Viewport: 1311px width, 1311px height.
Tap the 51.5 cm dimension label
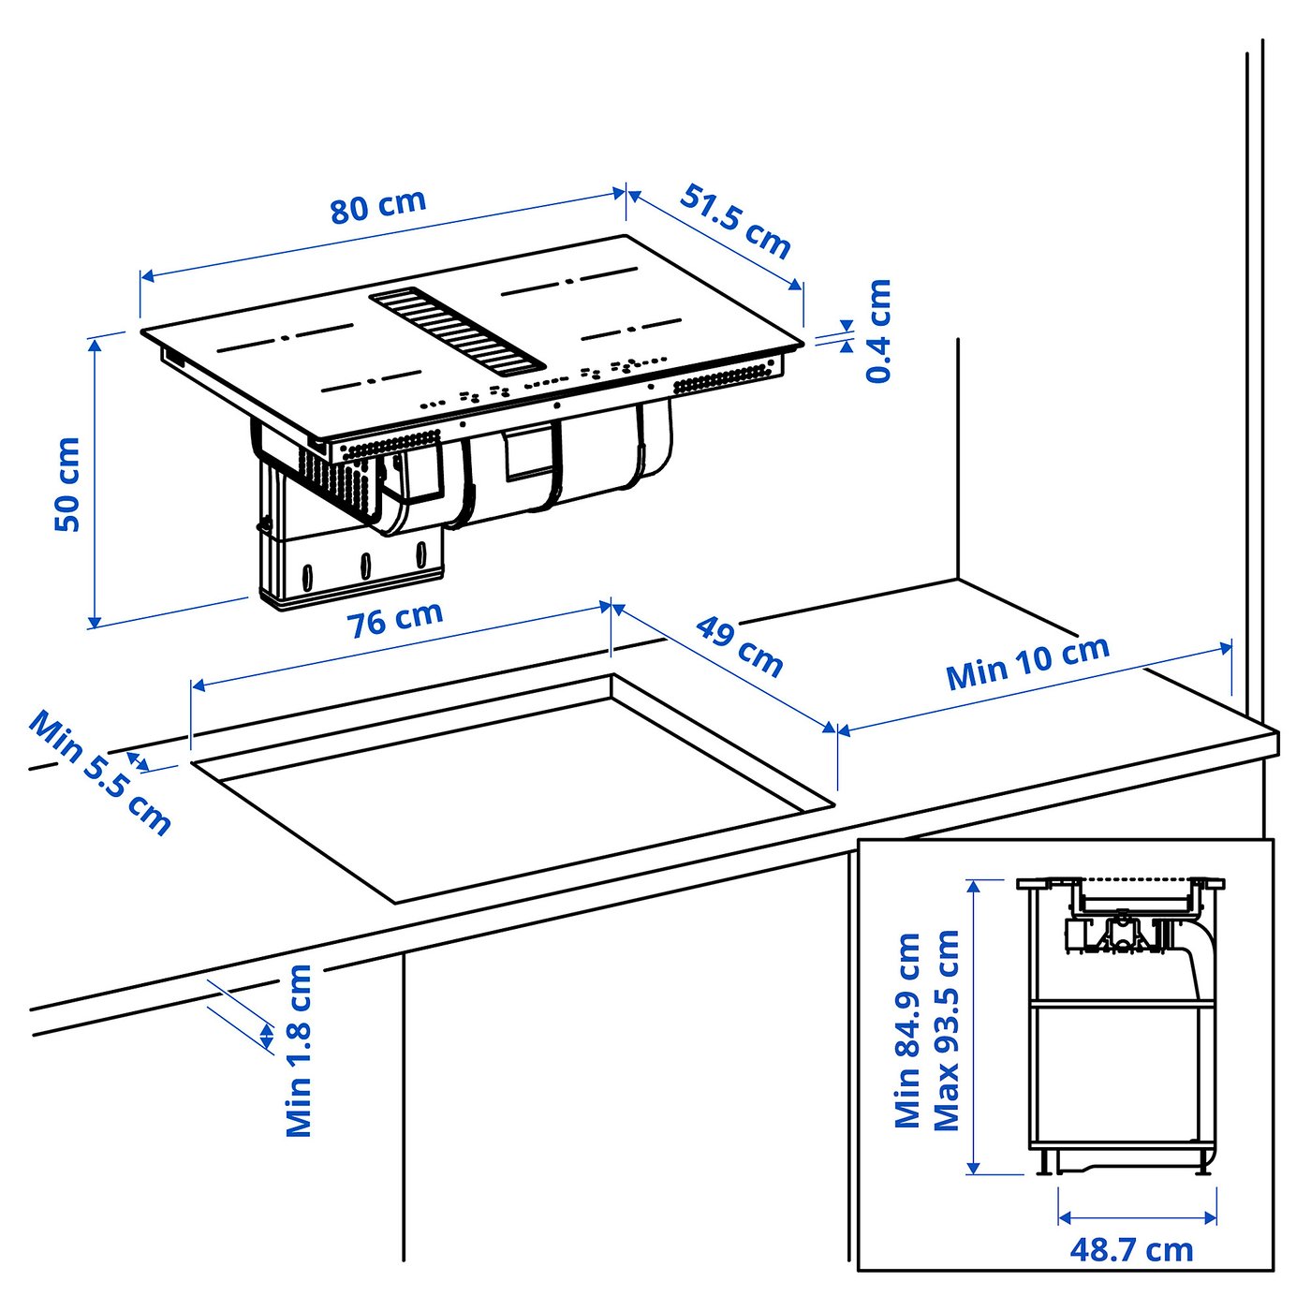(x=735, y=222)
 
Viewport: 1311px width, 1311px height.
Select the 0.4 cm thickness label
(x=878, y=331)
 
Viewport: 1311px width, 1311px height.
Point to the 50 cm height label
(x=67, y=484)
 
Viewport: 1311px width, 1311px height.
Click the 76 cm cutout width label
(x=394, y=619)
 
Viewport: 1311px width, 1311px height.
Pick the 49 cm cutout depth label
(x=739, y=646)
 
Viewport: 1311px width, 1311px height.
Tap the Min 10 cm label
(x=1027, y=663)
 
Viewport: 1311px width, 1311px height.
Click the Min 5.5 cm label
(x=100, y=773)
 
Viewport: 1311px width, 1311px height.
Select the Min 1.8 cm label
(x=298, y=1051)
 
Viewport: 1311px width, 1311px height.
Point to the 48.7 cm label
(x=1131, y=1249)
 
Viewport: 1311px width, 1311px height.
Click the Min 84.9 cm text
(x=907, y=1030)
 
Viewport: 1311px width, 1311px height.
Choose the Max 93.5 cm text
(x=946, y=1030)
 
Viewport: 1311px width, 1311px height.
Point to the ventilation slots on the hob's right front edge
(x=727, y=378)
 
